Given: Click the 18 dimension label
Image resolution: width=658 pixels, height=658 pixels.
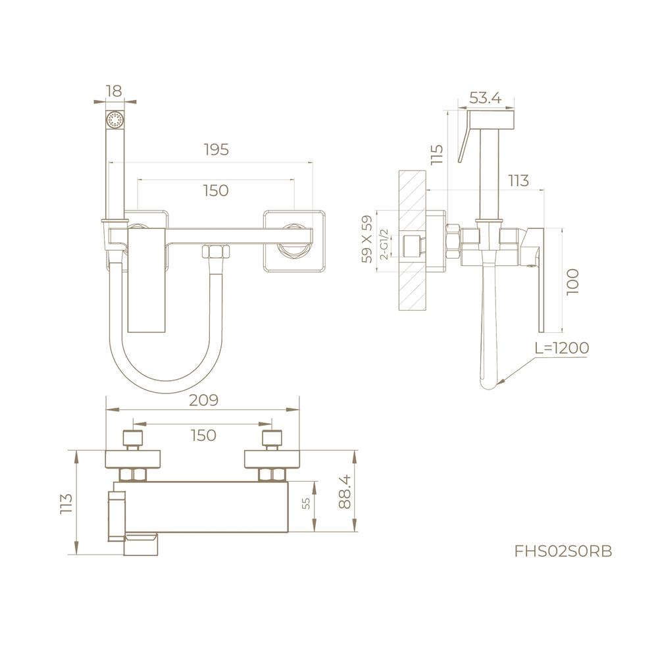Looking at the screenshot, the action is (x=114, y=91).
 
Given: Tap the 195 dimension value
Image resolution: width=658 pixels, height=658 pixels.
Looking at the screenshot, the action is (x=216, y=149).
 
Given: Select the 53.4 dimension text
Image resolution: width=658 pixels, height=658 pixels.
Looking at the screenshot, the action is (x=485, y=98).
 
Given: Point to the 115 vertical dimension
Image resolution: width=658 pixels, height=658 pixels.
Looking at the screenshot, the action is (x=436, y=154).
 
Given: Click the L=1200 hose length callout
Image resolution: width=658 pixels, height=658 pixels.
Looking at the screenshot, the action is (x=562, y=347).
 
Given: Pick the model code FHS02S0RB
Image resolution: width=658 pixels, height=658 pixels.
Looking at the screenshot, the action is (x=563, y=551).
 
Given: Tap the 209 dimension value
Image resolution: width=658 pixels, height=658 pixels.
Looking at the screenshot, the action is (x=203, y=400).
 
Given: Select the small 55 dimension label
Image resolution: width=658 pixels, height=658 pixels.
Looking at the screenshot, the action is (x=307, y=503).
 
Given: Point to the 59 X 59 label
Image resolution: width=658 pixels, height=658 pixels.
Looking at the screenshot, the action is (x=367, y=239).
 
